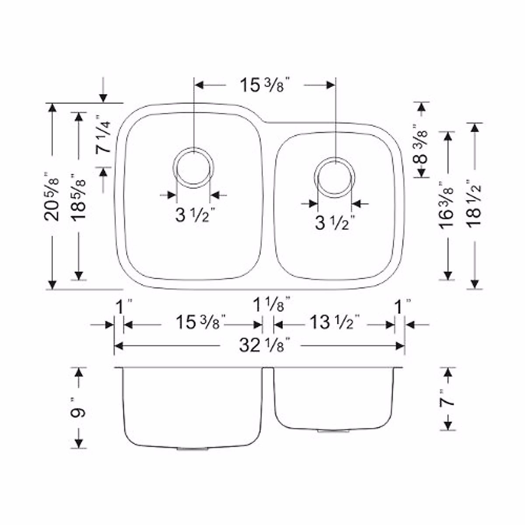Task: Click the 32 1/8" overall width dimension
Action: [265, 346]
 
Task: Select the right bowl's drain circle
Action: [335, 178]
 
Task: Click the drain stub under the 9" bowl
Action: [193, 449]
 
